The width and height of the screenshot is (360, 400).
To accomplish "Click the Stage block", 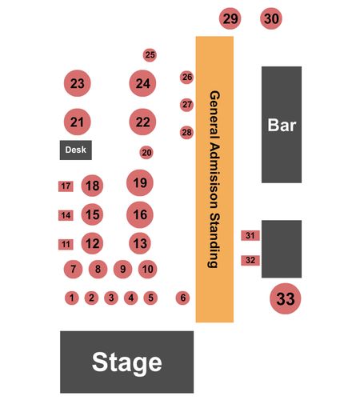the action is pos(126,362).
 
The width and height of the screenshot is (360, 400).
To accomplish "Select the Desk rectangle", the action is pos(76,150).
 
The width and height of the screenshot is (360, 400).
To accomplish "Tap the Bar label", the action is pos(282,125).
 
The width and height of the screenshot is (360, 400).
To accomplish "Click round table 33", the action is pos(286,298).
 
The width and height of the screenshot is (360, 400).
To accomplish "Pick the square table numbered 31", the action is pos(250,235).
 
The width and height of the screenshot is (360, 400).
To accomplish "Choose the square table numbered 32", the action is pos(250,260).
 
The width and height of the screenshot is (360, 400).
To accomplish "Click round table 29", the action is pos(230,18).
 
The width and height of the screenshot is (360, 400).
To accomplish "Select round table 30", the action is pos(271,18).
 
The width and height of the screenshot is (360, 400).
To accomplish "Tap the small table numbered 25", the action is pos(150,55).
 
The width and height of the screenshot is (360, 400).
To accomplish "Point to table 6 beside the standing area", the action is pos(182,298).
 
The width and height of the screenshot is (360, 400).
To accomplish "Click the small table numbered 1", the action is pos(72,298).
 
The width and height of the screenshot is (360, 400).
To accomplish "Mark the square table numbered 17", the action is pos(66,186).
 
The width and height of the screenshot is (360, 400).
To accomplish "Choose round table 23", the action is pos(78,83).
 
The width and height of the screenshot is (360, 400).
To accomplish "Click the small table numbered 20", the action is pos(146,153).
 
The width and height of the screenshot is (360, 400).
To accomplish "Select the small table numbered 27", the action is pos(186,105).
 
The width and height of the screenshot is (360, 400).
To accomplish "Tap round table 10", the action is pos(147,269).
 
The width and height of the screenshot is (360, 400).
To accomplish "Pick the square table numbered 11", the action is pos(66,245).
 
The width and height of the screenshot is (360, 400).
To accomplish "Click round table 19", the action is pos(140,182).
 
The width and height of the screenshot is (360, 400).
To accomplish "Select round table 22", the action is pos(142,122).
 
